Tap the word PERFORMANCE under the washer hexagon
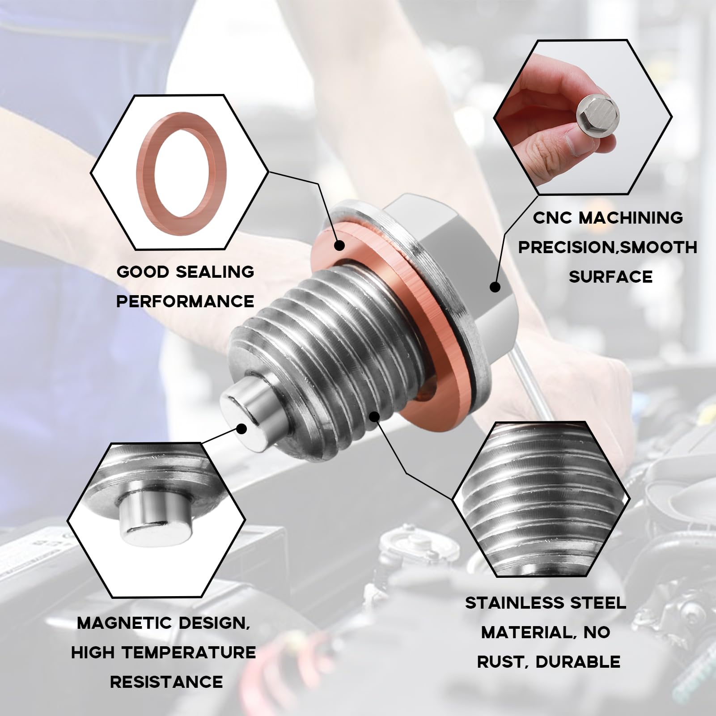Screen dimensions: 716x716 [x=185, y=301]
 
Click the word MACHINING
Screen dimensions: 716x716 [x=631, y=218]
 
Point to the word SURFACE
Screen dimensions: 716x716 [x=610, y=277]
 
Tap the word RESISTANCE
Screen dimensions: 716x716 [x=166, y=682]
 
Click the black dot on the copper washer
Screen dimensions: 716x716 [x=339, y=245]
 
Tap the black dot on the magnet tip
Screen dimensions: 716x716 [x=241, y=429]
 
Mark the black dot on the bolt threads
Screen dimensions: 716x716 [x=375, y=417]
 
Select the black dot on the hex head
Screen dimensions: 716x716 [x=495, y=287]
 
